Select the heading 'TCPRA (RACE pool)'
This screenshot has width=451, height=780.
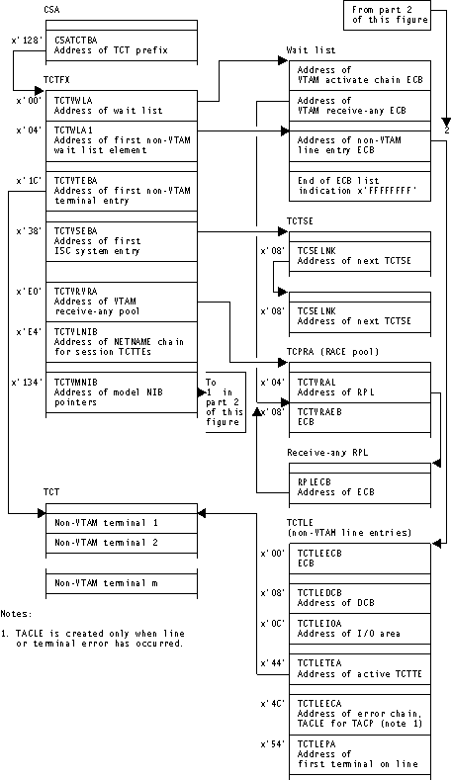(x=328, y=351)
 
